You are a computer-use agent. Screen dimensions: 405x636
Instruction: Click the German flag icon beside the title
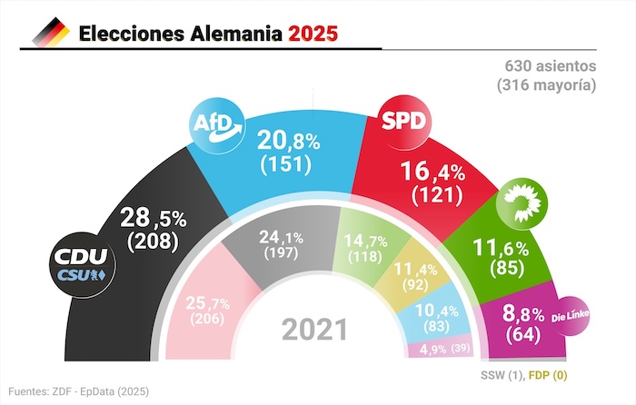pyautogui.click(x=51, y=34)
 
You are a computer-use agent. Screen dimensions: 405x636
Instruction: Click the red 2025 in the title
pyautogui.click(x=313, y=34)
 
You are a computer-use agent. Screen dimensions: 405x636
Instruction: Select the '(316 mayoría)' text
pyautogui.click(x=546, y=86)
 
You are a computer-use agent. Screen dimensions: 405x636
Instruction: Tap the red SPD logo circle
pyautogui.click(x=404, y=121)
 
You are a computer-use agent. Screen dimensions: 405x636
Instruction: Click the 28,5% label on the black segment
pyautogui.click(x=152, y=221)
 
